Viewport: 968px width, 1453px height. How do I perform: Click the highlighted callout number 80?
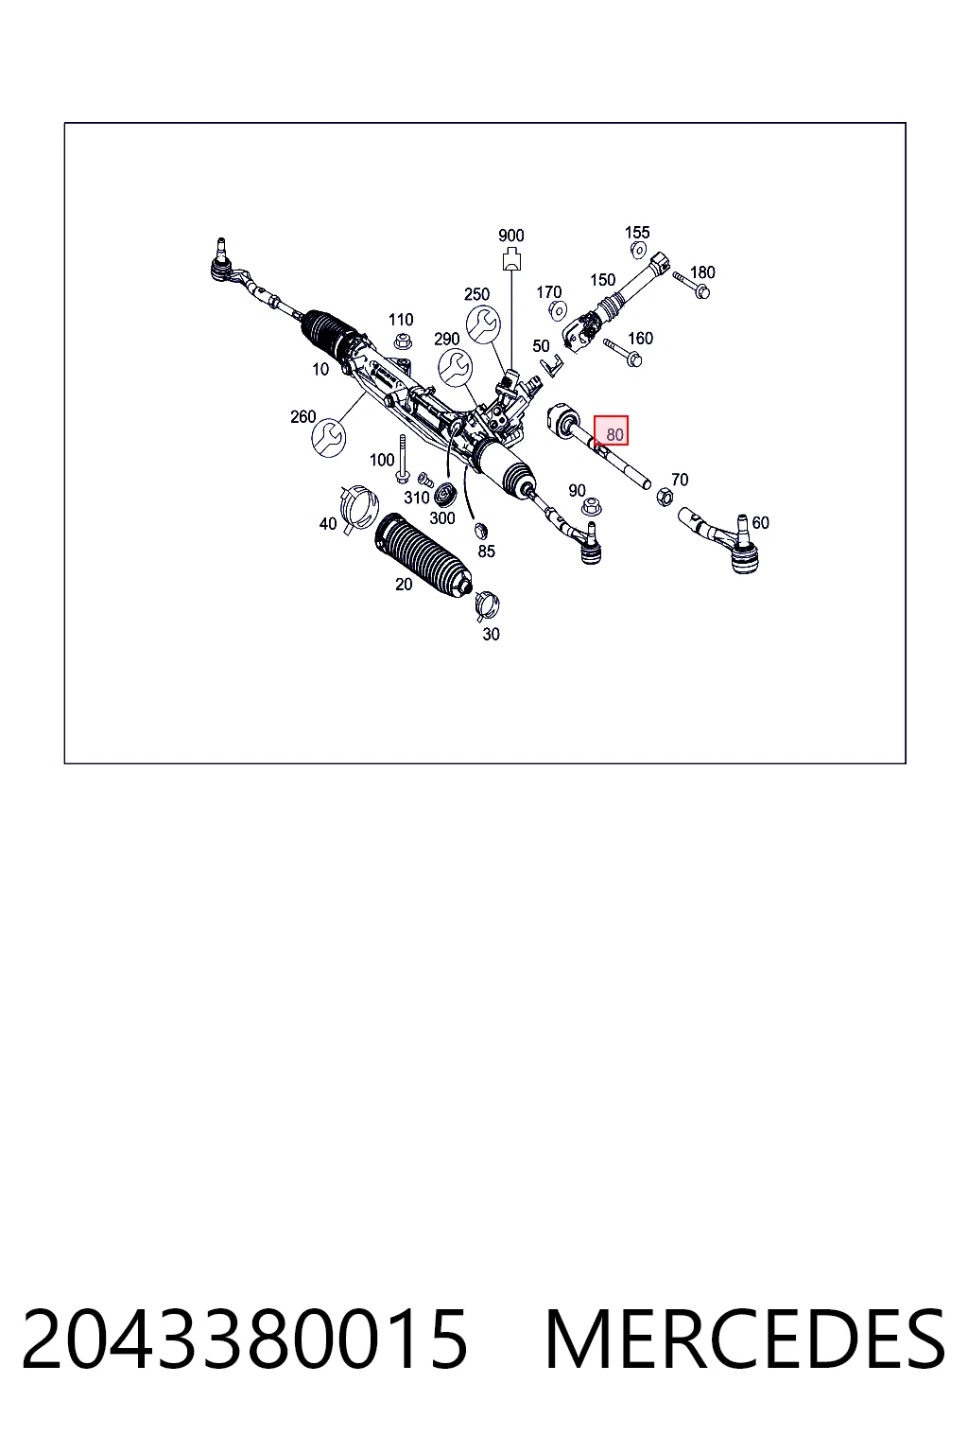point(614,434)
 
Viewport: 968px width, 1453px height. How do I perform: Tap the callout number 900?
point(510,235)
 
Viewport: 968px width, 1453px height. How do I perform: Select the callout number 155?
point(637,232)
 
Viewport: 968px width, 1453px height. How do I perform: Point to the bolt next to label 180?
point(691,286)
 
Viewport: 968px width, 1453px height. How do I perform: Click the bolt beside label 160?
point(622,352)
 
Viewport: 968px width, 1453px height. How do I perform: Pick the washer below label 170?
point(558,310)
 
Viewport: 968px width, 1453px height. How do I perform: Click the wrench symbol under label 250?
point(483,324)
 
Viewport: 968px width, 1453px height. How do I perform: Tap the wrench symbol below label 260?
point(329,439)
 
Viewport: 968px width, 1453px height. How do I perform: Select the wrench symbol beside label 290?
point(455,367)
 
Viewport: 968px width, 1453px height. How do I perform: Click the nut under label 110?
point(403,340)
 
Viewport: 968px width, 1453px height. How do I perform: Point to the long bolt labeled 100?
point(402,459)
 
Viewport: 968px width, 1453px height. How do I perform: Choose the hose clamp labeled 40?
point(359,509)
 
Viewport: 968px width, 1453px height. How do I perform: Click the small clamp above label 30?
point(486,605)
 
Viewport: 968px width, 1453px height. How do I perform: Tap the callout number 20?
point(404,585)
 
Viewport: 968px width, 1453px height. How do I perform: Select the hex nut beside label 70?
point(664,497)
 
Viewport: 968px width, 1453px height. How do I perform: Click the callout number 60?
point(760,522)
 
